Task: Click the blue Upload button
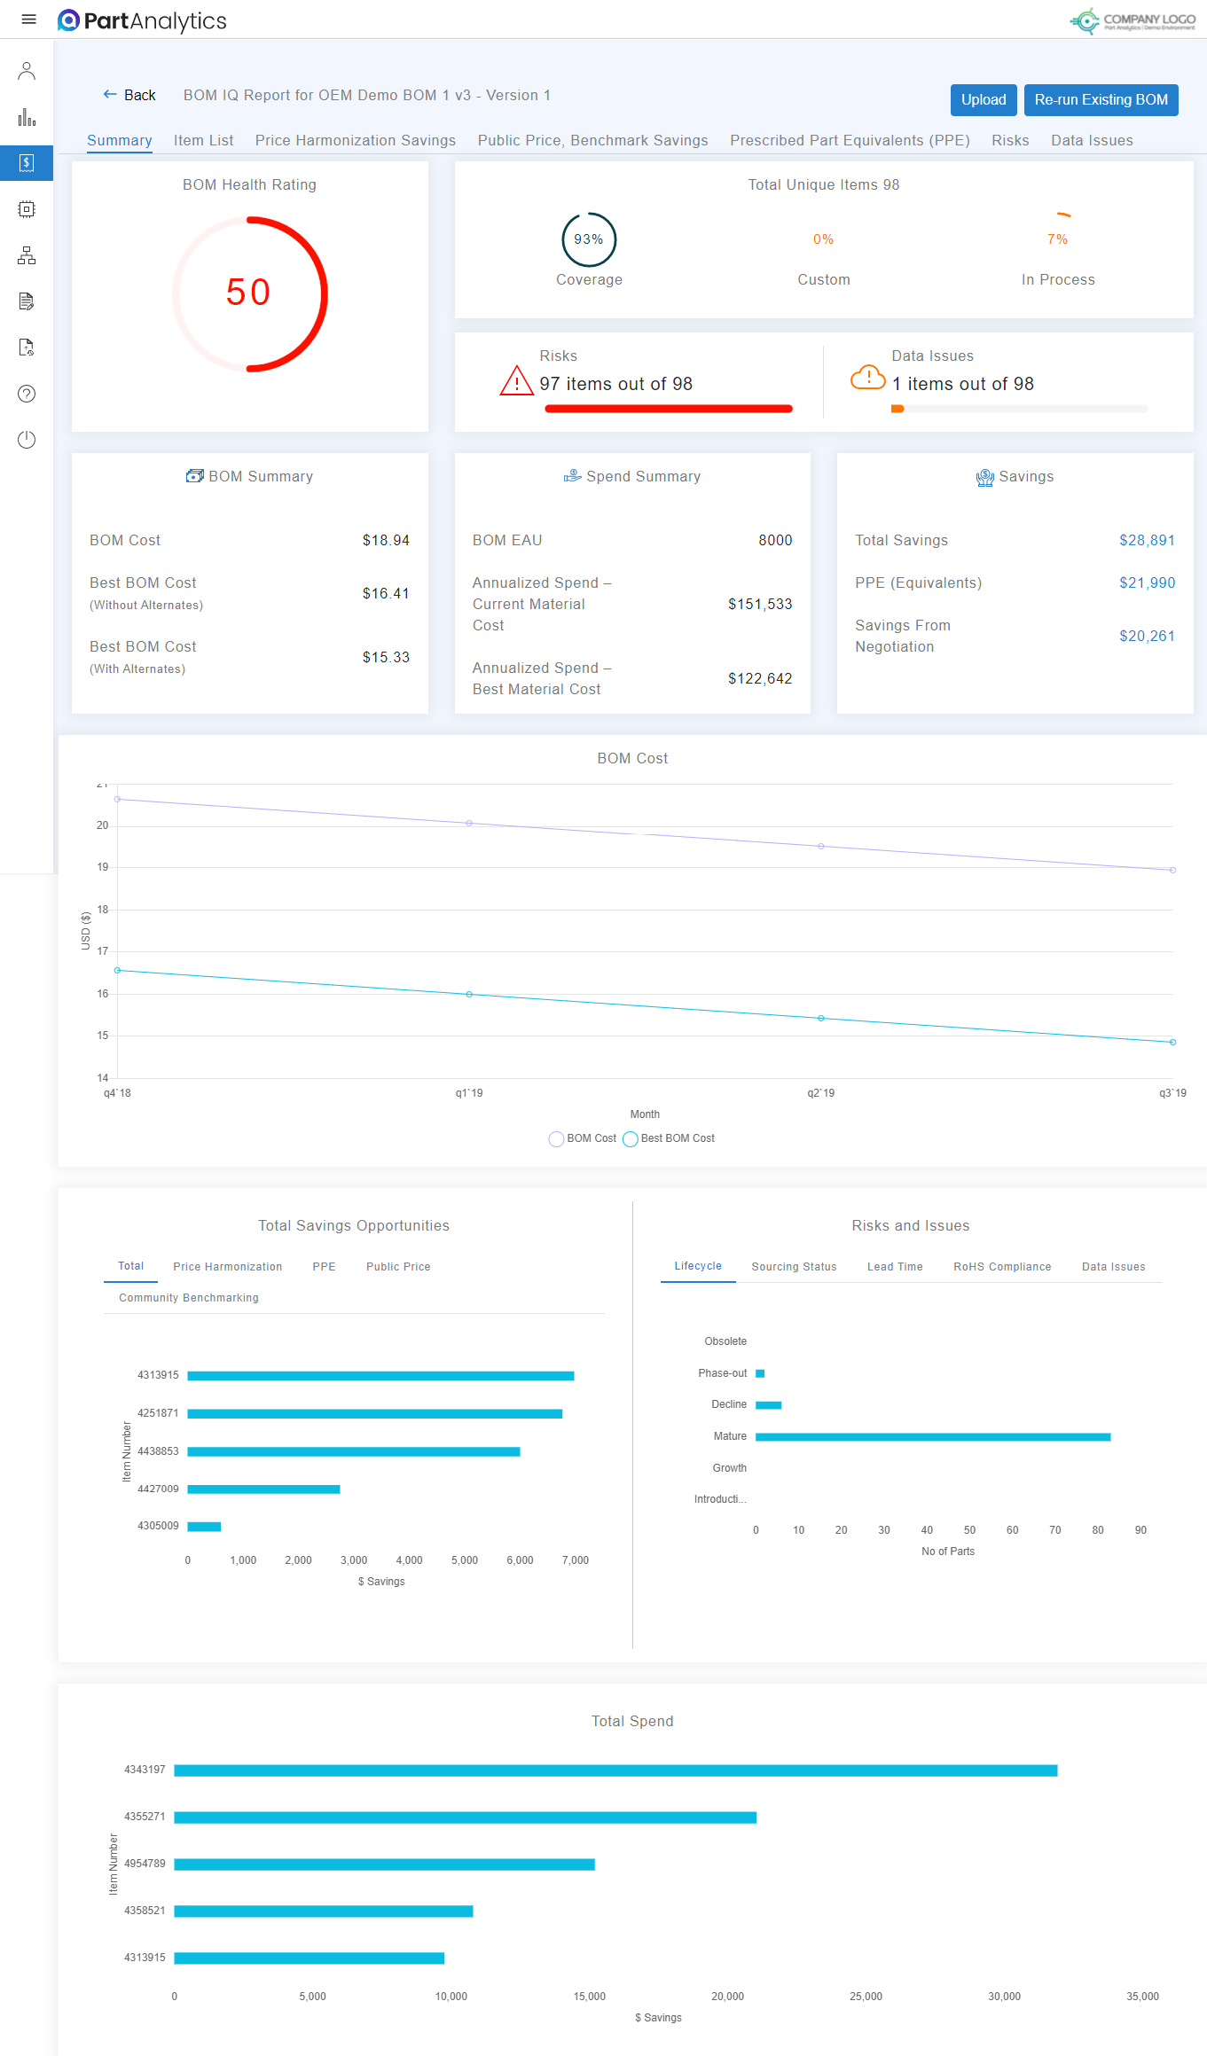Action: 983,100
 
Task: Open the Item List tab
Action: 203,140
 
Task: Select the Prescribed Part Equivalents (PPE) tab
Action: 849,140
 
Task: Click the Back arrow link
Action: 129,95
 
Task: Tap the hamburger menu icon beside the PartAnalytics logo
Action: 28,20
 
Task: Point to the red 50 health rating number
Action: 248,293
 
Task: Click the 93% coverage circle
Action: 588,239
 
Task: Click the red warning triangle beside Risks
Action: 516,381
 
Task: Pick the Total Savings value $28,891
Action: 1146,540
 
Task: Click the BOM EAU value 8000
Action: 774,540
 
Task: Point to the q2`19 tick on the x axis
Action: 820,1093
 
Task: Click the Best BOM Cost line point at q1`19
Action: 469,994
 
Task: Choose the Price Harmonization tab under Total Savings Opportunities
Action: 227,1266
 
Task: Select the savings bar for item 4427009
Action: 263,1489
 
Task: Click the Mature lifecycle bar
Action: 932,1436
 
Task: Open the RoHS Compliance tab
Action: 1001,1266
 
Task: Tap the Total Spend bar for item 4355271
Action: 465,1817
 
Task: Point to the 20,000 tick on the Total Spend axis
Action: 727,1996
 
